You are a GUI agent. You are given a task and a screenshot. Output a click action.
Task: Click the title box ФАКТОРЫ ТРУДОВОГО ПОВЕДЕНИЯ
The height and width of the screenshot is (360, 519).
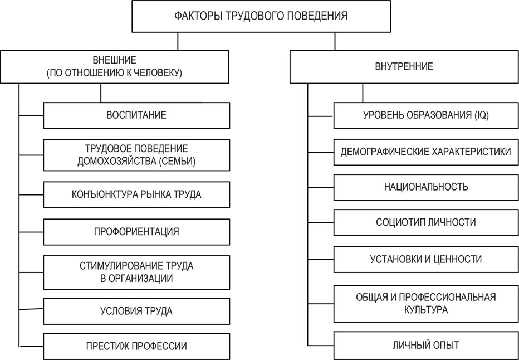point(261,16)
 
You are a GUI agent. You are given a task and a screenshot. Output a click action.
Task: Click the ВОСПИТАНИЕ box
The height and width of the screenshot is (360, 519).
point(136,115)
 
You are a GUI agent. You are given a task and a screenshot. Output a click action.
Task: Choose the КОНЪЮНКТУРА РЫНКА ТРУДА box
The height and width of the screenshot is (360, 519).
point(136,194)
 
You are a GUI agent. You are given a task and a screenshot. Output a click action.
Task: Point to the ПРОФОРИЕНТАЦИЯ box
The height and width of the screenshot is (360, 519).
point(136,231)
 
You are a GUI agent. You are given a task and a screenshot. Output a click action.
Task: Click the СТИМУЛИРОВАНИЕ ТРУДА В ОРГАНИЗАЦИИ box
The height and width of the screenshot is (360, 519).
point(136,272)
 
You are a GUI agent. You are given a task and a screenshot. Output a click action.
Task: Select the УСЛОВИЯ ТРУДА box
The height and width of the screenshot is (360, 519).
point(136,311)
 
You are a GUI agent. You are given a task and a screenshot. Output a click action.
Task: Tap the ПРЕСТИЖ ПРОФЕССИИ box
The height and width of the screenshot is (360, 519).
point(136,346)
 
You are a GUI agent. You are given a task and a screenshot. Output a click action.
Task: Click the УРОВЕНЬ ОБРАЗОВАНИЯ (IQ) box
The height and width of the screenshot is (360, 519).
point(425,115)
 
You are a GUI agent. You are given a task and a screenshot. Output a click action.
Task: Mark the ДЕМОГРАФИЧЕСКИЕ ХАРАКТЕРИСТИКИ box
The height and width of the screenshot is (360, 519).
point(425,151)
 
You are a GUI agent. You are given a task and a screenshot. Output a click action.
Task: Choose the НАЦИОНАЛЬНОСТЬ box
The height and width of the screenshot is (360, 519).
point(425,187)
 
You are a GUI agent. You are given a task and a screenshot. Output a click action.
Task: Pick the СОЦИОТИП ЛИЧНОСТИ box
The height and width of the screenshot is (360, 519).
point(425,222)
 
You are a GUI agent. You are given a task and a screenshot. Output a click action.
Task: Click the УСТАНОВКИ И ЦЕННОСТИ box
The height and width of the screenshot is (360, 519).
point(425,259)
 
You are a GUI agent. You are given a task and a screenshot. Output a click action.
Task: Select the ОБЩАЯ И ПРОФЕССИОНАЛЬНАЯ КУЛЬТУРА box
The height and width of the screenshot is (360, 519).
point(425,303)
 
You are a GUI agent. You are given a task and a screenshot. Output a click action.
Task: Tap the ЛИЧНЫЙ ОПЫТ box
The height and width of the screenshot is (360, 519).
point(425,345)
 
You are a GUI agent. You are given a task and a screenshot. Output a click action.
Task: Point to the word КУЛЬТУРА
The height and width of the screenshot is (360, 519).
point(426,310)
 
